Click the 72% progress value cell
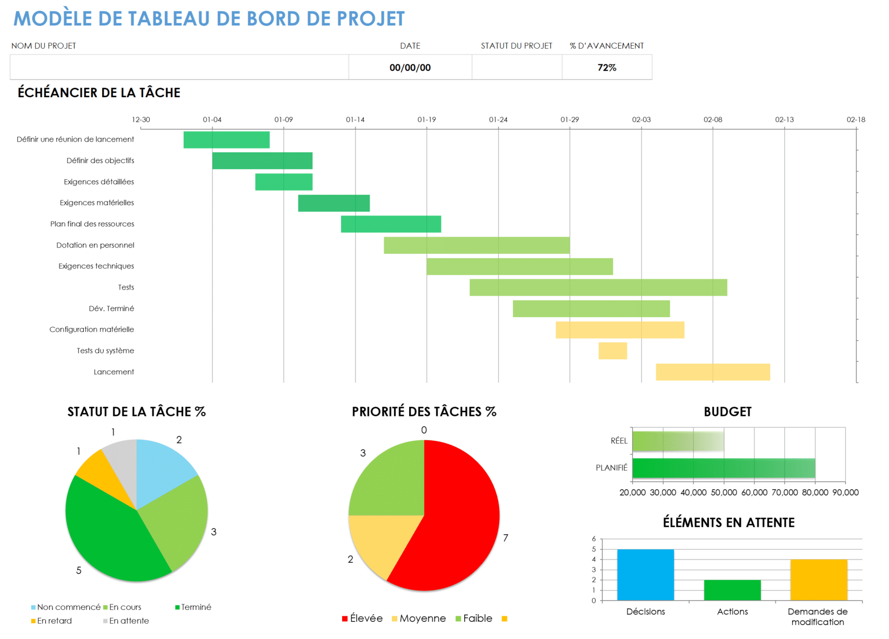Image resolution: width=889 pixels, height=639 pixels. click(606, 68)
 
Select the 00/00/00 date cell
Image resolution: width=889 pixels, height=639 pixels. click(410, 68)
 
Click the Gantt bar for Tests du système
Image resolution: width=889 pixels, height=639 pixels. click(612, 351)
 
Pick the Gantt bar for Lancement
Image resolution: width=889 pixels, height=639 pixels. click(712, 372)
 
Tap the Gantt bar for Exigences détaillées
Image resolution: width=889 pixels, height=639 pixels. click(284, 181)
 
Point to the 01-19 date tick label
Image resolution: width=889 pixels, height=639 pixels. click(426, 119)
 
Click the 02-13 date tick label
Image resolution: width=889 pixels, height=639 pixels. click(784, 119)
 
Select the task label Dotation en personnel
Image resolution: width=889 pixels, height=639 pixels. click(95, 245)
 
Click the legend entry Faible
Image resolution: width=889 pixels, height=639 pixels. click(477, 618)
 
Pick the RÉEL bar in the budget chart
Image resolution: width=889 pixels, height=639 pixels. click(678, 441)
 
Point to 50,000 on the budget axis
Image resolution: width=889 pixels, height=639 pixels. click(724, 493)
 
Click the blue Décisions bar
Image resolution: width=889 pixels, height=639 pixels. click(645, 575)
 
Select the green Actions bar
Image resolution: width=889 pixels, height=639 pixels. click(732, 590)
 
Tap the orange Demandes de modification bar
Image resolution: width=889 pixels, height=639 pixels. click(818, 580)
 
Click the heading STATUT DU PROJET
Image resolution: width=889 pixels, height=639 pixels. click(516, 46)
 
